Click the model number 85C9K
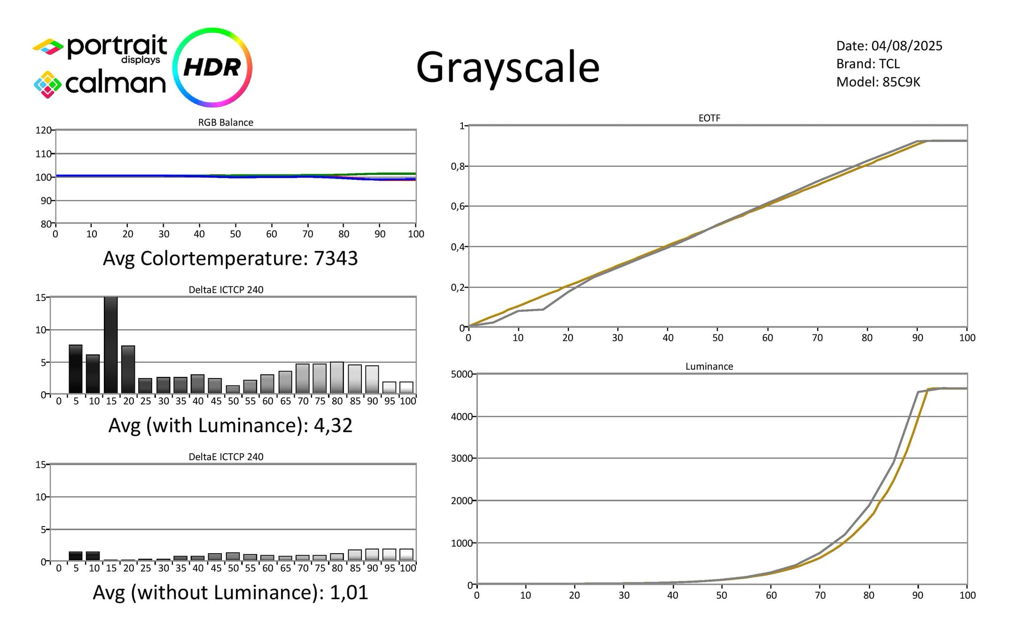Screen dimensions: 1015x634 (901, 82)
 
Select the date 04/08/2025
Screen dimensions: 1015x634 (906, 46)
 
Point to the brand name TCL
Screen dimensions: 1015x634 (889, 64)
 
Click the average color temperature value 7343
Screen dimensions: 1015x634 (336, 258)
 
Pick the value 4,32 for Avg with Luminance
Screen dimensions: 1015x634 (333, 425)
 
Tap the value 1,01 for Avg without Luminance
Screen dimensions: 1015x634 (349, 593)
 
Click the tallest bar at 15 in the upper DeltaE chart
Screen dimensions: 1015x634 (111, 345)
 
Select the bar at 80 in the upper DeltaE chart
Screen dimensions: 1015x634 (337, 378)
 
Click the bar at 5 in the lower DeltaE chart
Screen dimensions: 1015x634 (76, 556)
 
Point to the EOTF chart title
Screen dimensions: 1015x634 (709, 118)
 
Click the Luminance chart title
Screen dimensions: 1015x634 (709, 366)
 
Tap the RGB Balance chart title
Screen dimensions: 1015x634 (226, 123)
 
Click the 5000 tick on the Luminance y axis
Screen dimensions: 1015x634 (461, 374)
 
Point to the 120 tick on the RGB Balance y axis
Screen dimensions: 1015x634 (43, 130)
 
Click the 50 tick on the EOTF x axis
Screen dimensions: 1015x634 (718, 338)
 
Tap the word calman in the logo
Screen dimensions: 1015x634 (116, 84)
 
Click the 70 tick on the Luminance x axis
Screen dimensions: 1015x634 (820, 595)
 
